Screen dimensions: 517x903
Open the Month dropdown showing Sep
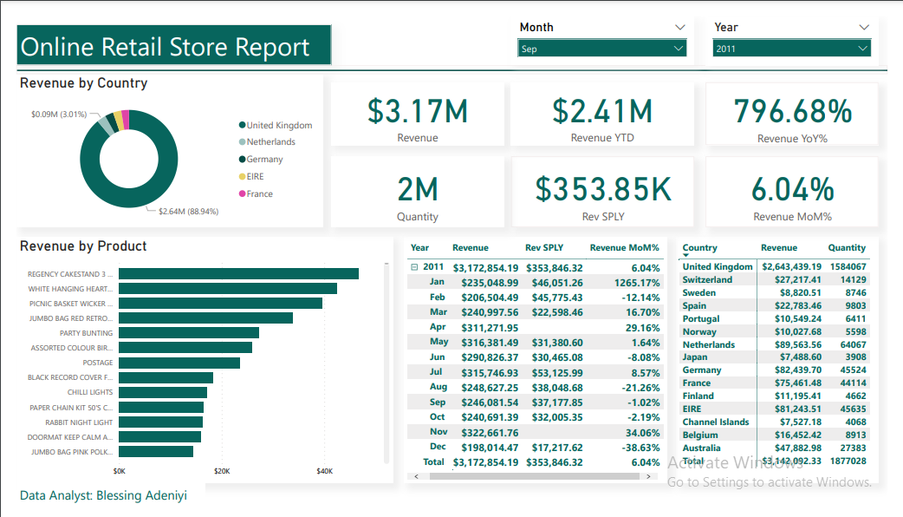coord(602,49)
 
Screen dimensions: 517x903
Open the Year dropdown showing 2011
coord(791,49)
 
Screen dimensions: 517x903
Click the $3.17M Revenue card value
coord(417,111)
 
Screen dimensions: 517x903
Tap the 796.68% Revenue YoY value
coord(792,111)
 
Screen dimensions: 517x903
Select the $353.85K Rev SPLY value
coord(603,188)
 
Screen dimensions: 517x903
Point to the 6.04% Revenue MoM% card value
coord(792,188)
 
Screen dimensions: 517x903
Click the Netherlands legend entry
coord(270,142)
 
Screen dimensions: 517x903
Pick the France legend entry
coord(259,194)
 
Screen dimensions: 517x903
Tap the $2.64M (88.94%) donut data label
coord(188,211)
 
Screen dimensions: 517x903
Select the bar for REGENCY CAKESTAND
coord(238,274)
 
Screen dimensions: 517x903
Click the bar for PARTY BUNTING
coord(189,333)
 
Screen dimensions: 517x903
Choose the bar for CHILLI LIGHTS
coord(163,392)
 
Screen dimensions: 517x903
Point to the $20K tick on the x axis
coord(222,471)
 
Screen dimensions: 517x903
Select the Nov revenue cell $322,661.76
coord(485,432)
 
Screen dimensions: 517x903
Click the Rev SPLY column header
coord(544,248)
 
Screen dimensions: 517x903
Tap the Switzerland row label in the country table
coord(707,280)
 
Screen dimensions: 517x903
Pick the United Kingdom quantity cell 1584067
coord(847,267)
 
